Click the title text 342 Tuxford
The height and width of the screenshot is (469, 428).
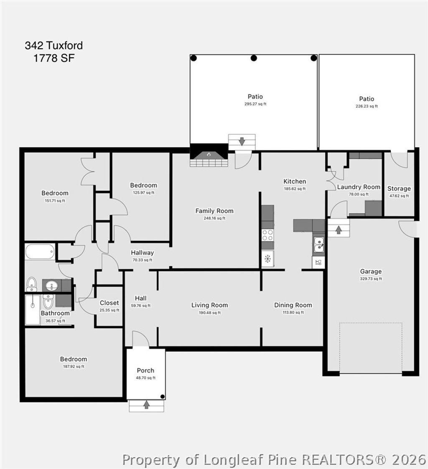pyautogui.click(x=54, y=46)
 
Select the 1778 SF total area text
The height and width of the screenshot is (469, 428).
pyautogui.click(x=54, y=58)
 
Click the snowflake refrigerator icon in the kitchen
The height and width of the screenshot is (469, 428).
pyautogui.click(x=267, y=259)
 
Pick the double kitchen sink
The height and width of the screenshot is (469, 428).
pyautogui.click(x=318, y=245)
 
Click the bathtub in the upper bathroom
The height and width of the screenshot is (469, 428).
pyautogui.click(x=40, y=252)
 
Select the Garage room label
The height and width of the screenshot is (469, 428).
pyautogui.click(x=371, y=271)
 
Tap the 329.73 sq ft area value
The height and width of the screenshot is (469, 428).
pyautogui.click(x=371, y=279)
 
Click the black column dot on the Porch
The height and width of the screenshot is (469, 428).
pyautogui.click(x=163, y=396)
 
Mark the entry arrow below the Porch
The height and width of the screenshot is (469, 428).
pyautogui.click(x=146, y=405)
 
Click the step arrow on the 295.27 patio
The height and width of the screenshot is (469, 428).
pyautogui.click(x=242, y=141)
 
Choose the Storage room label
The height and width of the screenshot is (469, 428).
pyautogui.click(x=399, y=188)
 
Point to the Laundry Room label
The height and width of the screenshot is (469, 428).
pyautogui.click(x=359, y=187)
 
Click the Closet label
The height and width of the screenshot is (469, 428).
pyautogui.click(x=109, y=303)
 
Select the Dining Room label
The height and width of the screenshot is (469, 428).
pyautogui.click(x=293, y=305)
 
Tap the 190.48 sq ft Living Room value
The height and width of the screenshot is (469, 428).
pyautogui.click(x=209, y=312)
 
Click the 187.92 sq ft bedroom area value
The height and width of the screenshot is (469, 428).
pyautogui.click(x=73, y=366)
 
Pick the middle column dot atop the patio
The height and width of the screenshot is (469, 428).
pyautogui.click(x=253, y=58)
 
